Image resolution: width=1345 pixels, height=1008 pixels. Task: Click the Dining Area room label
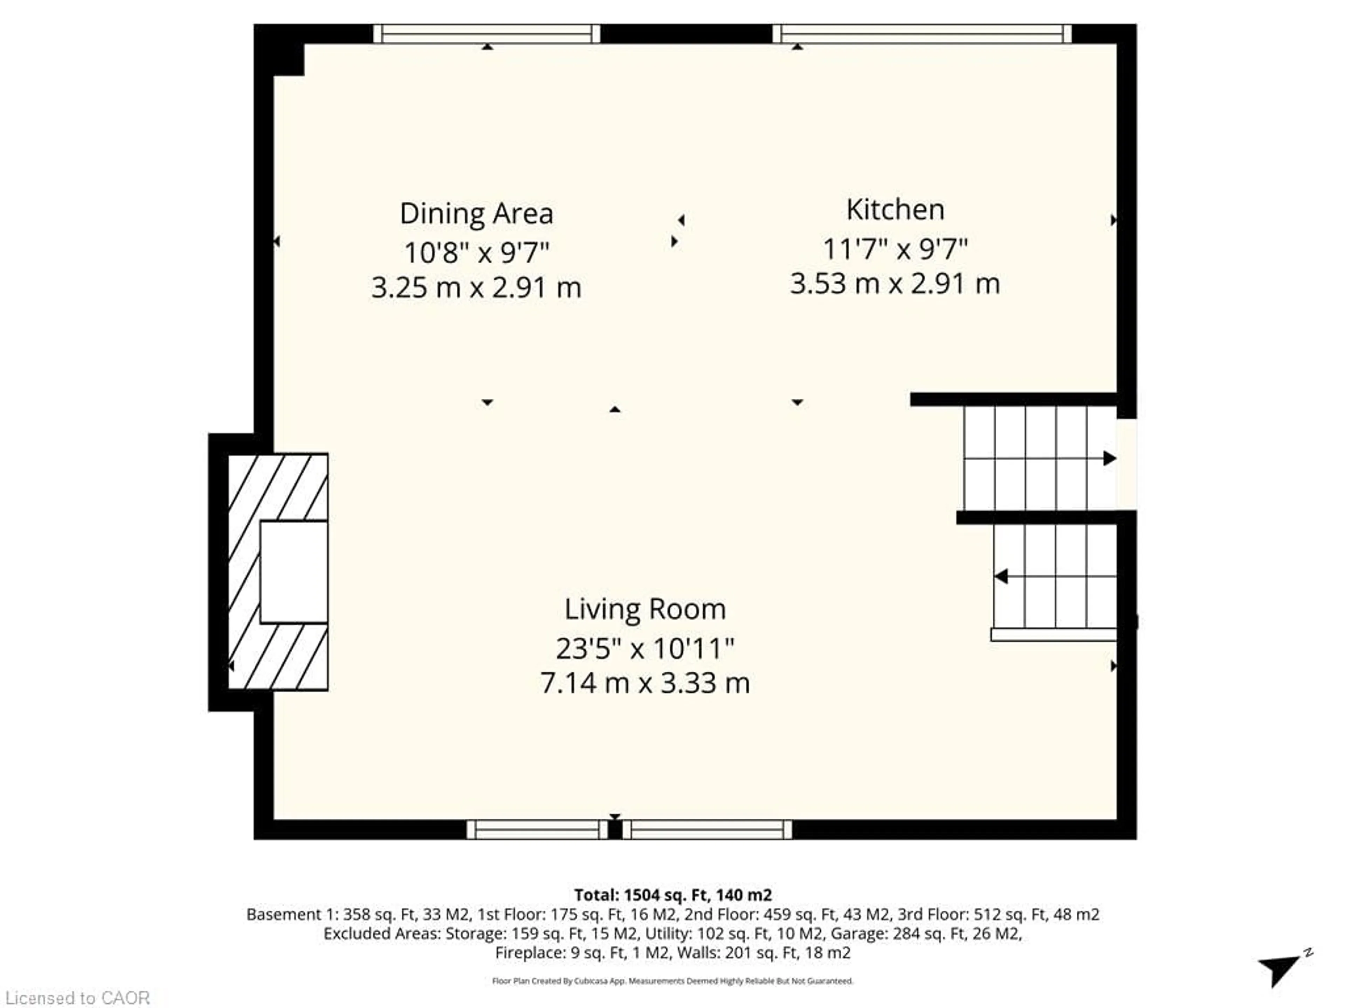[476, 213]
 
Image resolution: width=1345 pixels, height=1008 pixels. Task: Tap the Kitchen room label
[895, 210]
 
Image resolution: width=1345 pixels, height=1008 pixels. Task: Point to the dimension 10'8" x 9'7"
[476, 252]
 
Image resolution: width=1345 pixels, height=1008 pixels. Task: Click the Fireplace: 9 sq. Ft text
[560, 953]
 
